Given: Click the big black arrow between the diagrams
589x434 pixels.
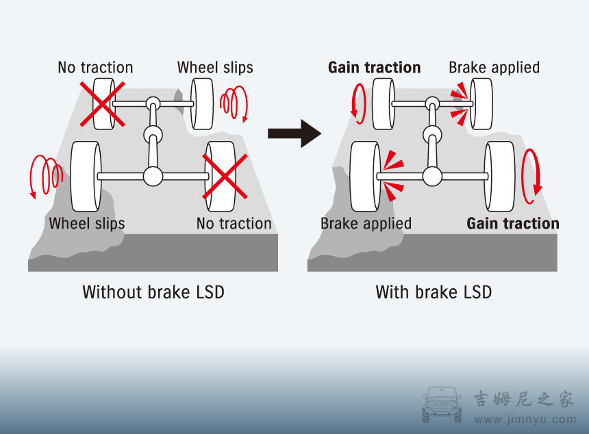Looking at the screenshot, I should (294, 133).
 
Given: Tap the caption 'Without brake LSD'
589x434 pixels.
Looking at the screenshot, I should (153, 292).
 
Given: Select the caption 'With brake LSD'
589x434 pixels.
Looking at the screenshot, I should (434, 292).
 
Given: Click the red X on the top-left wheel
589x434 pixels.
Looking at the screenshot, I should (103, 103).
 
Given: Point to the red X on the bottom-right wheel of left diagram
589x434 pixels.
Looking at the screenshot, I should (225, 176).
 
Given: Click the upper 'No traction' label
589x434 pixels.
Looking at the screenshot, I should (95, 67).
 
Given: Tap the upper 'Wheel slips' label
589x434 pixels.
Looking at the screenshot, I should (215, 67).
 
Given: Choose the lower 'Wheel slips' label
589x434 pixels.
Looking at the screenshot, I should (87, 223).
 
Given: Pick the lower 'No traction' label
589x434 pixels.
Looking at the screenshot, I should (234, 223).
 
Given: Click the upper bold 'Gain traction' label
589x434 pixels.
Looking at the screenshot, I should (374, 67).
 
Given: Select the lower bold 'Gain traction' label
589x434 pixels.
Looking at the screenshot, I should (513, 223).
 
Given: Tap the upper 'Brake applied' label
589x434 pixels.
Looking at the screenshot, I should (494, 67).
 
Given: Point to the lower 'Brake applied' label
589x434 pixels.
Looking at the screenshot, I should (366, 223).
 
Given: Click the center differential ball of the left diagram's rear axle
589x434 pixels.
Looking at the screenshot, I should (153, 177).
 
